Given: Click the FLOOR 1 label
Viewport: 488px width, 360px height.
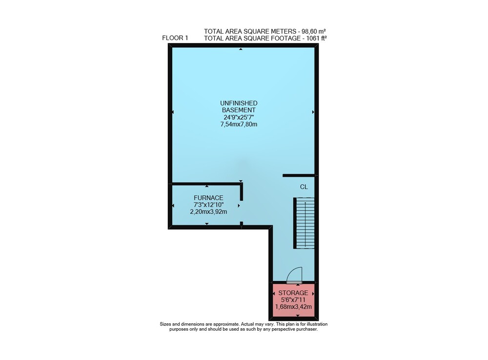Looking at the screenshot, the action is point(175,38).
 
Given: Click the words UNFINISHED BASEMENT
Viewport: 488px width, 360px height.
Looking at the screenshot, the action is point(239,106).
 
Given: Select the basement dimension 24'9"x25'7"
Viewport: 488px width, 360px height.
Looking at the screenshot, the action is point(239,117).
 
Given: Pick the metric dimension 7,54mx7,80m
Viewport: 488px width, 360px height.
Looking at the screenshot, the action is point(239,125).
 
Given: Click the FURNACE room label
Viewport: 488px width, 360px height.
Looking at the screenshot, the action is point(208,198).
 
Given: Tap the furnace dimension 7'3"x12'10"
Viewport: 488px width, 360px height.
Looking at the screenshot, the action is point(208,205).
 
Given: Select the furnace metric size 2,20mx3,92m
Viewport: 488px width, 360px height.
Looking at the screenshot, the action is point(208,212).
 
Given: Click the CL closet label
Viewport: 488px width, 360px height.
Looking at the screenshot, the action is point(304,187).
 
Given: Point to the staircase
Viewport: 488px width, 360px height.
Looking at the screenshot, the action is point(304,223).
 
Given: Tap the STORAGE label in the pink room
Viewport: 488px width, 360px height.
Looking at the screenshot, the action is point(293,293).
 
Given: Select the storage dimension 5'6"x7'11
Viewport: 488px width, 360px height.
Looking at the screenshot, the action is point(293,300).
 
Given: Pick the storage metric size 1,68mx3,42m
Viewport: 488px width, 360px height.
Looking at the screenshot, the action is point(293,307).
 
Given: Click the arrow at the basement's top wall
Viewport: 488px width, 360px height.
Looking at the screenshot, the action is point(241,49).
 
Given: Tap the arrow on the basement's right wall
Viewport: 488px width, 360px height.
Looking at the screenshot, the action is point(313,112).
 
